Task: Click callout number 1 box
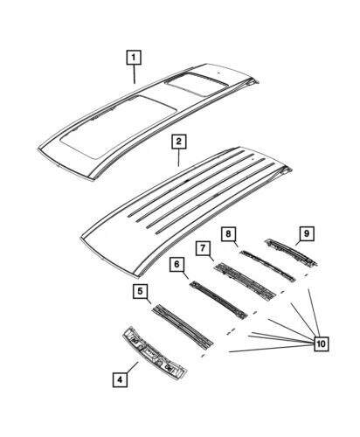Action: (x=134, y=59)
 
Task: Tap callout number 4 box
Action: (x=120, y=378)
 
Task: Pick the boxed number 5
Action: (x=140, y=291)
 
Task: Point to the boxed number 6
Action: (x=177, y=265)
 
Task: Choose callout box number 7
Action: (x=204, y=249)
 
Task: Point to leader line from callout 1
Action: (x=135, y=74)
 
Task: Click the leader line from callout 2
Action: (x=178, y=156)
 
